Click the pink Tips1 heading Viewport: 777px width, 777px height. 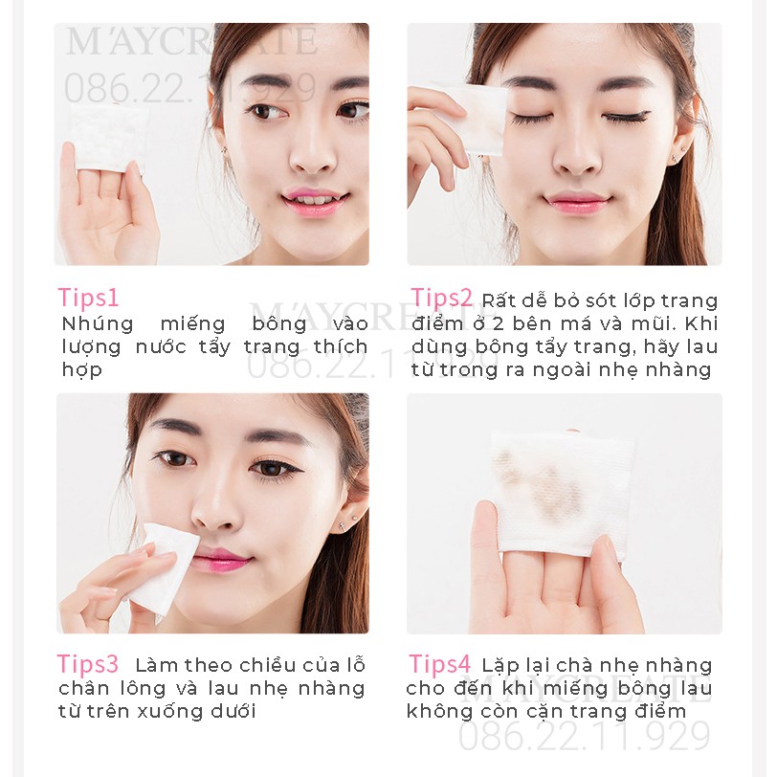click(88, 298)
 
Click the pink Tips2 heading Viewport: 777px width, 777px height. click(442, 298)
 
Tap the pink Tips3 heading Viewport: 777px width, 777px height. click(88, 664)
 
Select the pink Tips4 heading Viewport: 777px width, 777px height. click(440, 664)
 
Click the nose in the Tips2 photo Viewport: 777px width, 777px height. click(577, 153)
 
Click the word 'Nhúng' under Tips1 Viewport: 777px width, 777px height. click(96, 323)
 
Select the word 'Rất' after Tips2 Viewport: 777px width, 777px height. click(499, 301)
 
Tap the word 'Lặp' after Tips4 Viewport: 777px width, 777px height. click(500, 666)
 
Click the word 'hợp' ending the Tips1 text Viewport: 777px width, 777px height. click(81, 370)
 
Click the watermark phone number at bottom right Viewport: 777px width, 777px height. click(584, 736)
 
